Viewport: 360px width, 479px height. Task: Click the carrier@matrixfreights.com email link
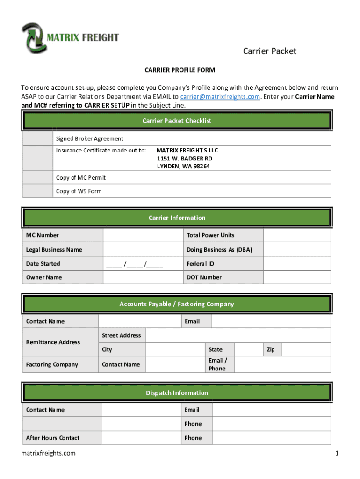click(220, 97)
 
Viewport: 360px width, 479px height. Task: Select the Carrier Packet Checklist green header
click(177, 121)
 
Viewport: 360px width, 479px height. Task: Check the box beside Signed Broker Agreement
click(37, 139)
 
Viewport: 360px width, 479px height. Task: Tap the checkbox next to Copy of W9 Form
click(37, 191)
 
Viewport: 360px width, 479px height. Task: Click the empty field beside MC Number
click(143, 235)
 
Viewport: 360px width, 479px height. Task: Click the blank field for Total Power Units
click(297, 235)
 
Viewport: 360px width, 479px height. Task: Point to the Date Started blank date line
click(135, 264)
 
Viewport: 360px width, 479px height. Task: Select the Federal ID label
click(200, 264)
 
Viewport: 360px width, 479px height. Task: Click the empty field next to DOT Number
click(297, 277)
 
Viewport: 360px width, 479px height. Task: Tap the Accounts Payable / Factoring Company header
click(177, 304)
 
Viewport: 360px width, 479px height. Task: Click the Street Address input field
click(238, 335)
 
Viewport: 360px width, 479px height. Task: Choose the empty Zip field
click(306, 349)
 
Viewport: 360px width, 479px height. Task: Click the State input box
click(248, 349)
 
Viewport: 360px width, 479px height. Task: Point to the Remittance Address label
click(53, 342)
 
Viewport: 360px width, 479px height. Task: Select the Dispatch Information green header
click(177, 393)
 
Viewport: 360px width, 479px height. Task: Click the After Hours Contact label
click(53, 438)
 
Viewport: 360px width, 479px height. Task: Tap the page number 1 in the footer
click(336, 453)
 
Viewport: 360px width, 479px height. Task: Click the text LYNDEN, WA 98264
click(183, 167)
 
